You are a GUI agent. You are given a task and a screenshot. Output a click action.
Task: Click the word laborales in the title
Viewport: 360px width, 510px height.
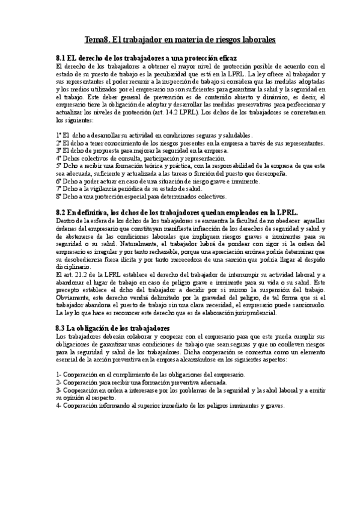click(257, 39)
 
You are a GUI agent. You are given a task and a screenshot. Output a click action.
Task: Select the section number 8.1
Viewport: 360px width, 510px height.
click(60, 58)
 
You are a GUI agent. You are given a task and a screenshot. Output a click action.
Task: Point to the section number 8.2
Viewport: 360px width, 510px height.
click(60, 212)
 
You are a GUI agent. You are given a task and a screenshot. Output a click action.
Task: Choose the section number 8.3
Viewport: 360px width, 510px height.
click(60, 327)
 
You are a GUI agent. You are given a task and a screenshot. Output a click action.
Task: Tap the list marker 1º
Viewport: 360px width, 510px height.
click(58, 136)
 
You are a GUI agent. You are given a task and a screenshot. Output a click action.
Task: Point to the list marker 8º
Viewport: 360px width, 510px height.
click(58, 196)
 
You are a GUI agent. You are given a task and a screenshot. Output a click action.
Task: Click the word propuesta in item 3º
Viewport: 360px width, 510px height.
click(94, 151)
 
